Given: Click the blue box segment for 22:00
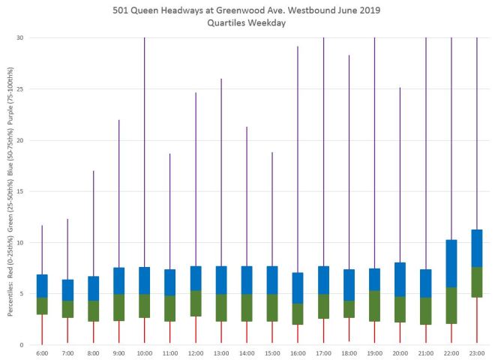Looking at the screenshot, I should (x=451, y=263).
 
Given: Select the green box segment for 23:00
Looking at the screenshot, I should (x=477, y=282).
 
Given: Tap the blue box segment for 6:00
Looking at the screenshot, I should (x=42, y=286).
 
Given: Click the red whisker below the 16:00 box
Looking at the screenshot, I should (x=298, y=334).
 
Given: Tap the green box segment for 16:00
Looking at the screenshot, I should (x=298, y=313).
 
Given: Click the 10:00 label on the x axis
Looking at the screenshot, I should (x=144, y=352).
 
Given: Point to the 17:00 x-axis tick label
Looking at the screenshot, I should (x=323, y=352).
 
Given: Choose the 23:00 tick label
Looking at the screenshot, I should (x=477, y=352).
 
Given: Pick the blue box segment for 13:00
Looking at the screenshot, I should (x=221, y=280).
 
